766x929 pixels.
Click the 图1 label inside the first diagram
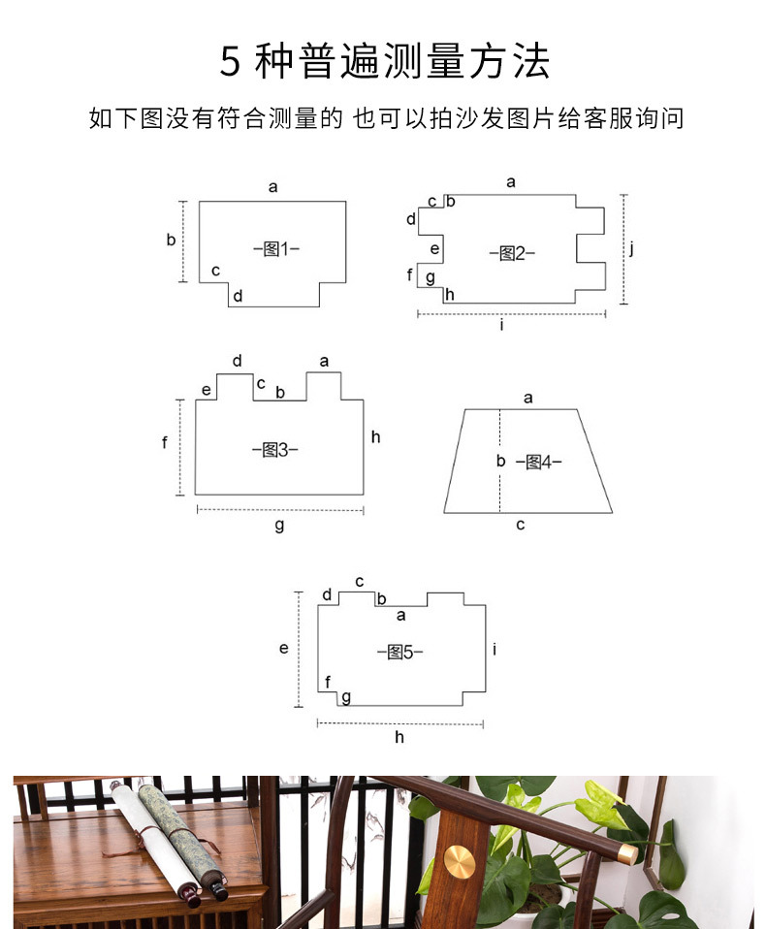coord(276,249)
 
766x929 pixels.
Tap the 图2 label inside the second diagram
coord(512,253)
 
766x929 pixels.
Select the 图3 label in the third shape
coord(274,450)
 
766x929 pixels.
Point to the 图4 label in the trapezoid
coord(538,463)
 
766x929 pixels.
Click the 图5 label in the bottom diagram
coord(399,652)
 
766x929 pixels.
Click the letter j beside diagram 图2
coord(631,248)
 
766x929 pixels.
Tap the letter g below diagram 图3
coord(279,525)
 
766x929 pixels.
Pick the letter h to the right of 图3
coord(375,437)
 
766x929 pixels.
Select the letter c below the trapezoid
coord(521,525)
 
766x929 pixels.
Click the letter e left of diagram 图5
coord(284,648)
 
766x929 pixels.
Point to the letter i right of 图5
coord(495,649)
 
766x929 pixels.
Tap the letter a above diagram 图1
coord(272,186)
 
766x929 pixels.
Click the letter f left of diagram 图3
coord(165,442)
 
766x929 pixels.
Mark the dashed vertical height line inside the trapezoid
coord(500,485)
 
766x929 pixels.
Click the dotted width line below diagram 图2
coord(511,313)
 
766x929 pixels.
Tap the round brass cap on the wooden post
coord(461,861)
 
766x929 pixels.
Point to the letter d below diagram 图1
coord(238,296)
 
